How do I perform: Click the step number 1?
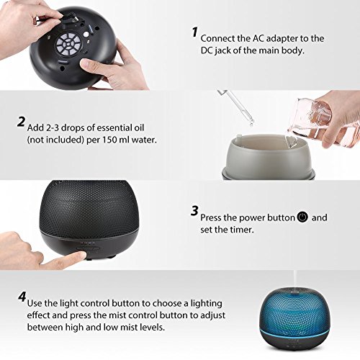tap(194, 32)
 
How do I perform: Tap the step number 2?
tap(21, 122)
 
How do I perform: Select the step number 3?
tap(194, 211)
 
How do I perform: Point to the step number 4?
tap(22, 297)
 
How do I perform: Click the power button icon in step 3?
tap(302, 217)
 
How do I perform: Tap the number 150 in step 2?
tap(110, 140)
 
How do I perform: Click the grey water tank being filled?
tap(269, 156)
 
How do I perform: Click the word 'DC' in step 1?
tap(207, 50)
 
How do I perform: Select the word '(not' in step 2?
tap(35, 140)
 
